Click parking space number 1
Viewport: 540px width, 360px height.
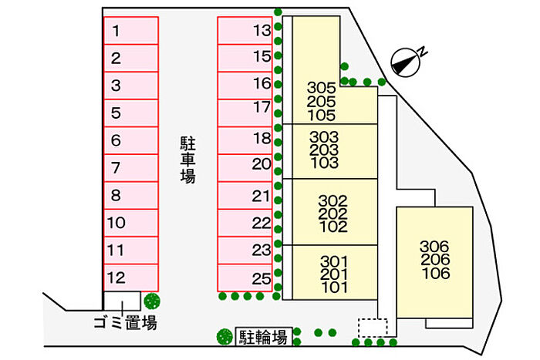[x=130, y=32]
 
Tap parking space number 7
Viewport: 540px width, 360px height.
[x=130, y=167]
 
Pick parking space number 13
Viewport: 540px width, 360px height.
[x=245, y=32]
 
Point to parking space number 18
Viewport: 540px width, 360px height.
[x=245, y=140]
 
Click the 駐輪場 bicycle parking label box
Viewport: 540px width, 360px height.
[x=263, y=337]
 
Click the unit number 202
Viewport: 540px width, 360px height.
[x=333, y=213]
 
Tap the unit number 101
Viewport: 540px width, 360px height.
[x=333, y=288]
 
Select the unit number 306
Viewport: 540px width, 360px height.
[x=434, y=247]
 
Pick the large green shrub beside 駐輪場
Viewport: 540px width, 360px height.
[x=224, y=337]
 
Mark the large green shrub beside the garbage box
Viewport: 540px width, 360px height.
[x=152, y=301]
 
